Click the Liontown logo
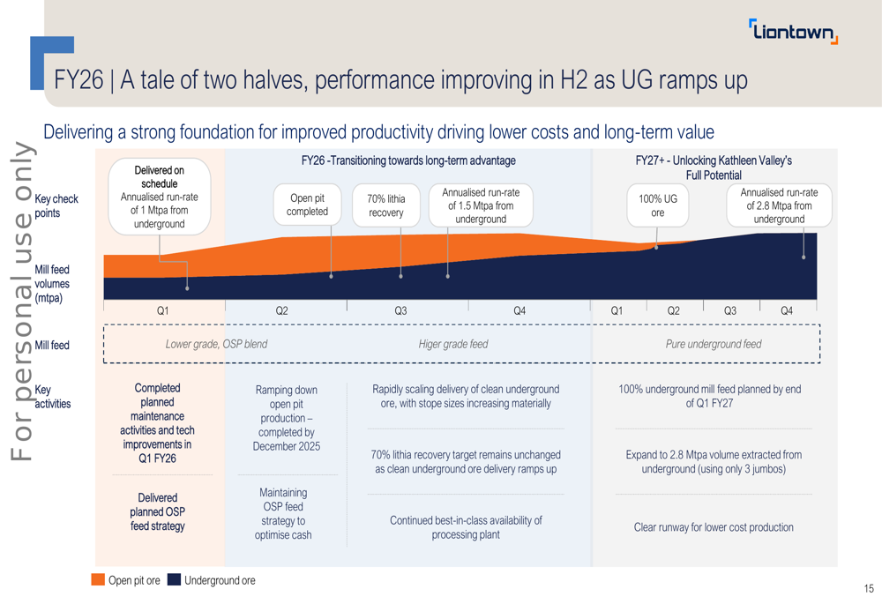click(x=793, y=32)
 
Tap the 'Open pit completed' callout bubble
click(x=307, y=205)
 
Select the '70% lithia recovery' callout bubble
click(x=386, y=205)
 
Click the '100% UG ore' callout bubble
click(x=657, y=205)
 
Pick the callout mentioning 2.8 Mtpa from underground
click(x=779, y=205)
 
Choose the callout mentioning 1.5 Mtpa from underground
click(x=481, y=205)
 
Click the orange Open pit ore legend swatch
click(x=98, y=580)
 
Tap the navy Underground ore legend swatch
click(x=174, y=580)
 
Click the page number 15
click(x=869, y=588)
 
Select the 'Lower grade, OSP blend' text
click(x=216, y=344)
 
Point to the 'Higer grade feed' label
click(x=452, y=344)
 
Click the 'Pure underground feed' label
click(x=713, y=344)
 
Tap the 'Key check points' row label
click(x=56, y=205)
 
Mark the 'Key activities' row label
click(x=53, y=396)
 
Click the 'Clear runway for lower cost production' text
click(x=714, y=527)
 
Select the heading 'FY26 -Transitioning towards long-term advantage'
click(x=408, y=160)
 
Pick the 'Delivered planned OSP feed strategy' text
click(x=158, y=511)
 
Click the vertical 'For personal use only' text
click(x=21, y=300)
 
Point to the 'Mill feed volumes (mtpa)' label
click(x=52, y=284)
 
